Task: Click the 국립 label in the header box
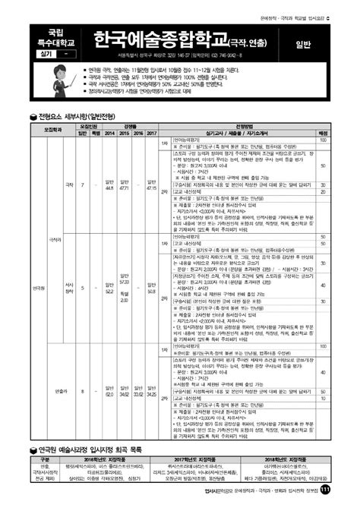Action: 56,33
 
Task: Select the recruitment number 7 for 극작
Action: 81,184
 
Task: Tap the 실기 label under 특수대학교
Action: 45,56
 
